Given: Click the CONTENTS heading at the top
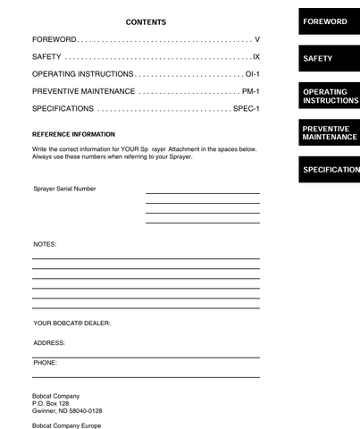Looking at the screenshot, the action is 146,21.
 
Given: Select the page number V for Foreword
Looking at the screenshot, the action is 256,41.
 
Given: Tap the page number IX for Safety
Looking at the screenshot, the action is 255,57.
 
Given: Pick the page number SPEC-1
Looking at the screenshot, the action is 246,108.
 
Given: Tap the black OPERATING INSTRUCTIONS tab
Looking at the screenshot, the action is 329,97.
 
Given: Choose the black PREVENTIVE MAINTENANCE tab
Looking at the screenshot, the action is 329,133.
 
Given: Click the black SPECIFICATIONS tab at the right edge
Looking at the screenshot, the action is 331,170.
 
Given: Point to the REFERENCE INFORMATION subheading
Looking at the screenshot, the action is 73,134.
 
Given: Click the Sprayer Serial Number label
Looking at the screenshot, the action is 64,189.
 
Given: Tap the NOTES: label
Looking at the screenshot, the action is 45,243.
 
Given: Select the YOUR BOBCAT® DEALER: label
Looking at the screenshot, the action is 71,323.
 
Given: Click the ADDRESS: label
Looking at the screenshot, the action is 49,342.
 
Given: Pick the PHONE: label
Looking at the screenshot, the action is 46,363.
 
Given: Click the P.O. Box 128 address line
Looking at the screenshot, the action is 51,403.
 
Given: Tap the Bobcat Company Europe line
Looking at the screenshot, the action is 67,425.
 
